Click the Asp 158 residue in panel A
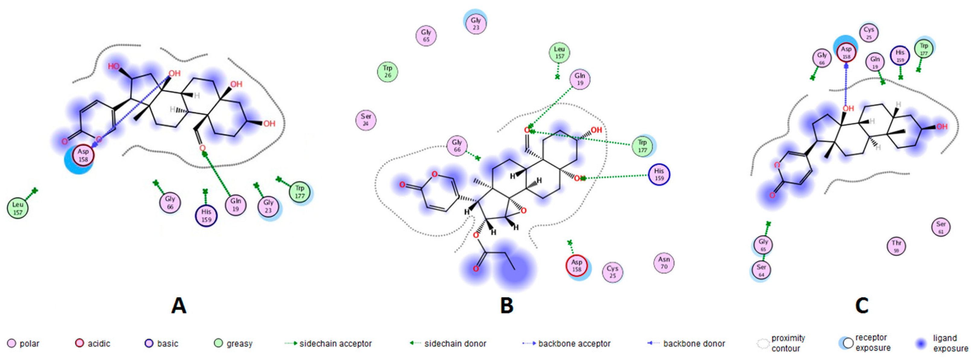(83, 155)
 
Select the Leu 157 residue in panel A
(18, 208)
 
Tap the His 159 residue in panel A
(206, 215)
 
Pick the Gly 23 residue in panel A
(268, 206)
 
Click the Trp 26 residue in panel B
(388, 71)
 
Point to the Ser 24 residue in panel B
(366, 119)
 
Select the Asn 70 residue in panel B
(664, 263)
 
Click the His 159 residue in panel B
(659, 174)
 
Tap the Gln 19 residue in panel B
(580, 79)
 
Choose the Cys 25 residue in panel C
(869, 33)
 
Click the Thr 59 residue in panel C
(896, 246)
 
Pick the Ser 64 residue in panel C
(761, 270)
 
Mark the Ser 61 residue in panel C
(941, 227)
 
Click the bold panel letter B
(507, 305)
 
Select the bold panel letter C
(862, 305)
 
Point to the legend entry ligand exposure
(950, 343)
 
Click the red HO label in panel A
(113, 66)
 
